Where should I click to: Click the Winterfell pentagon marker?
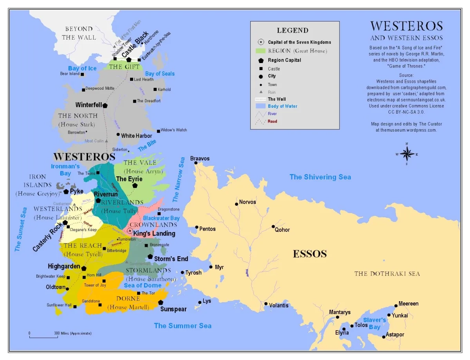click(x=105, y=105)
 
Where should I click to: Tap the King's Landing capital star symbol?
click(x=130, y=231)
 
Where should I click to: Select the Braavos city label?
click(x=200, y=159)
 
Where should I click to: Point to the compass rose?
click(x=407, y=154)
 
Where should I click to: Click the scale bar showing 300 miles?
click(x=42, y=336)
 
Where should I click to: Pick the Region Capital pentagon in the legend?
click(x=260, y=61)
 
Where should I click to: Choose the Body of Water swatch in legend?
click(x=260, y=106)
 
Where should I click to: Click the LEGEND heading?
click(x=293, y=31)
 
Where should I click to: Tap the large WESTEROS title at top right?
click(x=407, y=26)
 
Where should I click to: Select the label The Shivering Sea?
click(x=320, y=177)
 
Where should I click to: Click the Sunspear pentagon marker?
click(x=161, y=302)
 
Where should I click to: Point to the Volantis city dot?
click(x=266, y=304)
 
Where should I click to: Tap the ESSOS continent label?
click(x=310, y=254)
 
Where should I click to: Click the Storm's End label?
click(x=171, y=259)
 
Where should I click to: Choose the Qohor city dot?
click(x=273, y=226)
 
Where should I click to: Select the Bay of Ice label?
click(x=82, y=68)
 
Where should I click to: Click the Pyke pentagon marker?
click(x=66, y=192)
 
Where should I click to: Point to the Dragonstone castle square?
click(x=159, y=214)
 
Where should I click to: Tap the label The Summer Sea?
click(x=183, y=326)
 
